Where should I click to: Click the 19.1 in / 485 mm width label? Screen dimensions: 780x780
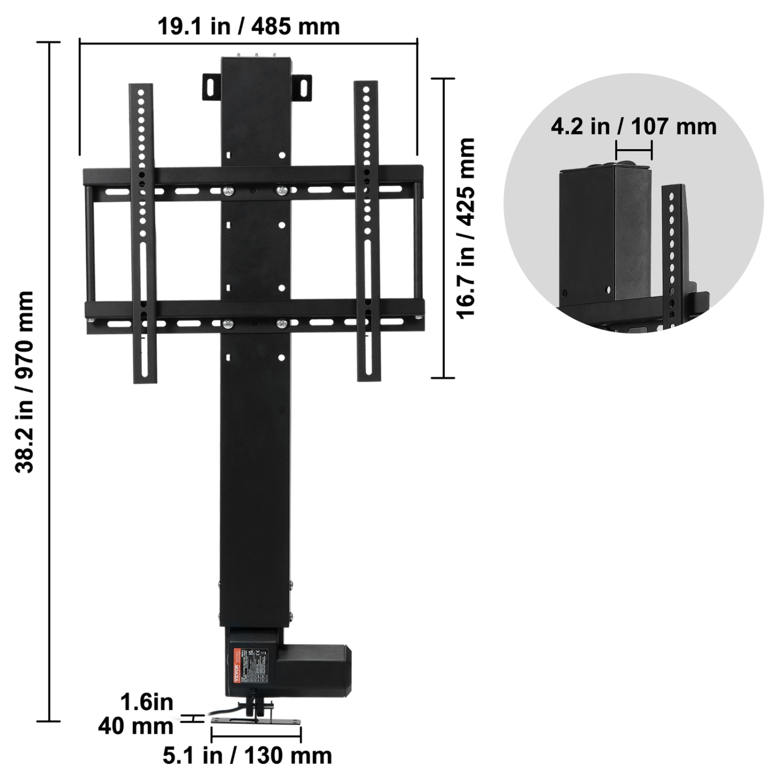click(249, 26)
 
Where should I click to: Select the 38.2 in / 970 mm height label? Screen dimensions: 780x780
click(24, 382)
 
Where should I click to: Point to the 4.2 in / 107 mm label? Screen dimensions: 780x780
click(633, 126)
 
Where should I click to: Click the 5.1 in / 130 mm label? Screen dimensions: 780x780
click(248, 756)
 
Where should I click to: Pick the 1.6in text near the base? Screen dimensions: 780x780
click(147, 703)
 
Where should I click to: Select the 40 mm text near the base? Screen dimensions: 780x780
click(136, 726)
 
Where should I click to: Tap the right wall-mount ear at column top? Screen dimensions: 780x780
click(302, 86)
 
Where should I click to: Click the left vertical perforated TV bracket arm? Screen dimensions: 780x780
click(142, 234)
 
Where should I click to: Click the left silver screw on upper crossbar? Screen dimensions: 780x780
click(228, 192)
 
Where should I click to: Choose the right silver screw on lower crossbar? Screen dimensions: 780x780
click(282, 324)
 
